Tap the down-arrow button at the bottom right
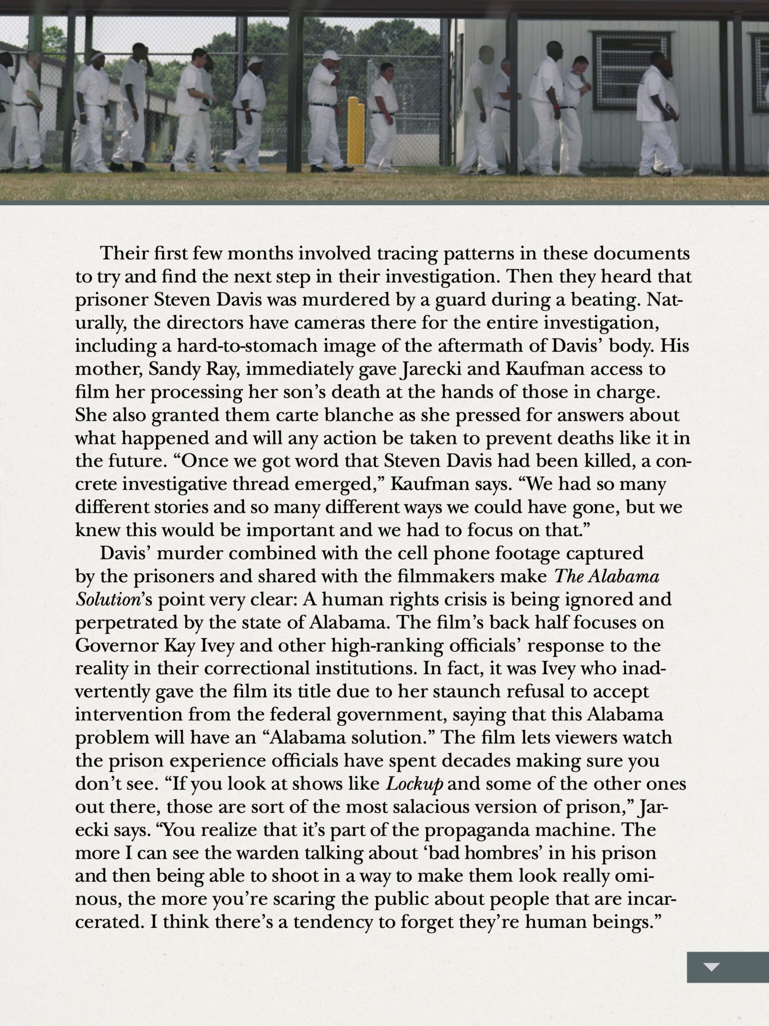point(711,967)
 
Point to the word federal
point(296,714)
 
